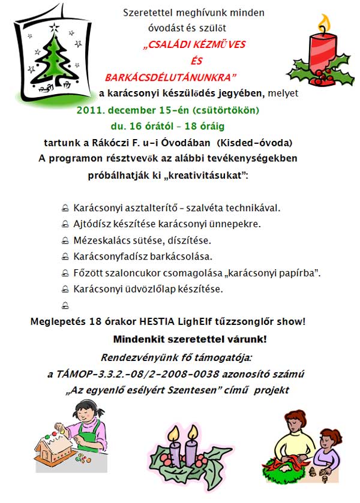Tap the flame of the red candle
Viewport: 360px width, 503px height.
point(324,24)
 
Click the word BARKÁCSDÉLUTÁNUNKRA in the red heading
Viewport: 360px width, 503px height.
point(171,77)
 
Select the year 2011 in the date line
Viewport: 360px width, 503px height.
point(89,111)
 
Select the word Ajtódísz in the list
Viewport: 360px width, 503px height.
point(91,224)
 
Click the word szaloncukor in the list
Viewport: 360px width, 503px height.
point(130,273)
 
